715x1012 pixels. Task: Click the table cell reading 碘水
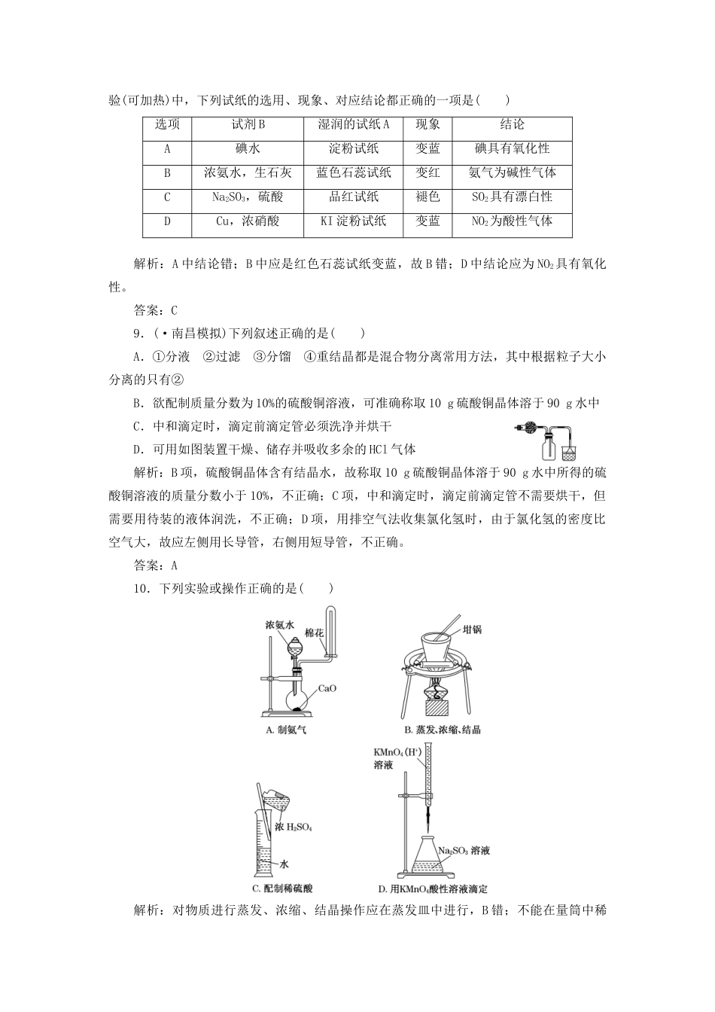(x=248, y=149)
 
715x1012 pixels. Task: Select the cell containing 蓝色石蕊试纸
(x=354, y=173)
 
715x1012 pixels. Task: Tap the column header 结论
(x=512, y=125)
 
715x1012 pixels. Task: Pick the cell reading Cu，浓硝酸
(x=248, y=221)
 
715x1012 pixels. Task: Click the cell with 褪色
(x=427, y=197)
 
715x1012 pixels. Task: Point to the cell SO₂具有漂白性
(x=512, y=197)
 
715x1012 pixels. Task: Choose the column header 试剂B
(x=248, y=125)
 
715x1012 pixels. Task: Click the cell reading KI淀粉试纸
(x=354, y=221)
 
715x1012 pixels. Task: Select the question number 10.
(x=141, y=589)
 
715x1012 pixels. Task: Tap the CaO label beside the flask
(x=327, y=688)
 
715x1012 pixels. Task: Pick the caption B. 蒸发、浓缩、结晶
(x=443, y=730)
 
